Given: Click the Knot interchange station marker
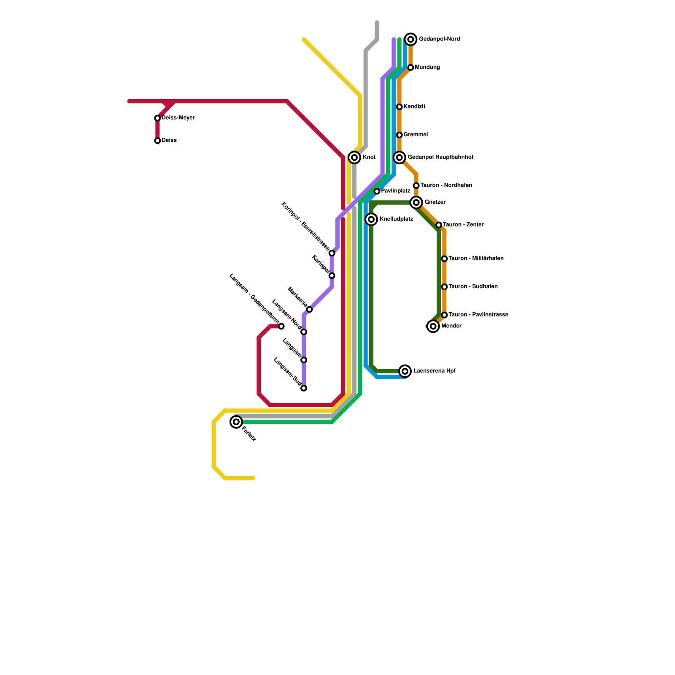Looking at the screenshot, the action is pos(354,157).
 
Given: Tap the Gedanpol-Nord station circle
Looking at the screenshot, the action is pos(410,39).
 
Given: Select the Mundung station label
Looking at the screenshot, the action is pos(427,67).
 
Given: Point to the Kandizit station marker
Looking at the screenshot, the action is pos(399,107).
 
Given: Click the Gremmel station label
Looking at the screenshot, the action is pos(416,135).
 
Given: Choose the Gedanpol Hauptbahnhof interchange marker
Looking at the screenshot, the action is pos(400,157).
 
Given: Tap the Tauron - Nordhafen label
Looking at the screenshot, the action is pos(446,186).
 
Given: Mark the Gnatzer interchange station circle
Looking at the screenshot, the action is pos(416,202).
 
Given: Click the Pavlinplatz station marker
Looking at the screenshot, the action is pos(377,191).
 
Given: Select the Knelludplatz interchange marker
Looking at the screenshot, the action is pos(371,219).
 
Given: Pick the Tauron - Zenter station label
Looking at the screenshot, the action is pos(463,225).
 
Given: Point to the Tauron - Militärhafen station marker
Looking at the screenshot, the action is pos(444,259).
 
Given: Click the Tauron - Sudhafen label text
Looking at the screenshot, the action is pos(473,287).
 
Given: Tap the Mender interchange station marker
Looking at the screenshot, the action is pos(433,326).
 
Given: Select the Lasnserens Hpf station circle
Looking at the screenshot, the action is pos(405,371).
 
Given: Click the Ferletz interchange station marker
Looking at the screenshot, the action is pos(236,422).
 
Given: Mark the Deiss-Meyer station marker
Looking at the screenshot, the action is pos(157,118).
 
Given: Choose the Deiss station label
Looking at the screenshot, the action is pos(169,140).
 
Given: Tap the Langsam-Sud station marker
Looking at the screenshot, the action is pos(304,388).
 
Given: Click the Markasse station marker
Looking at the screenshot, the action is pos(309,309).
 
